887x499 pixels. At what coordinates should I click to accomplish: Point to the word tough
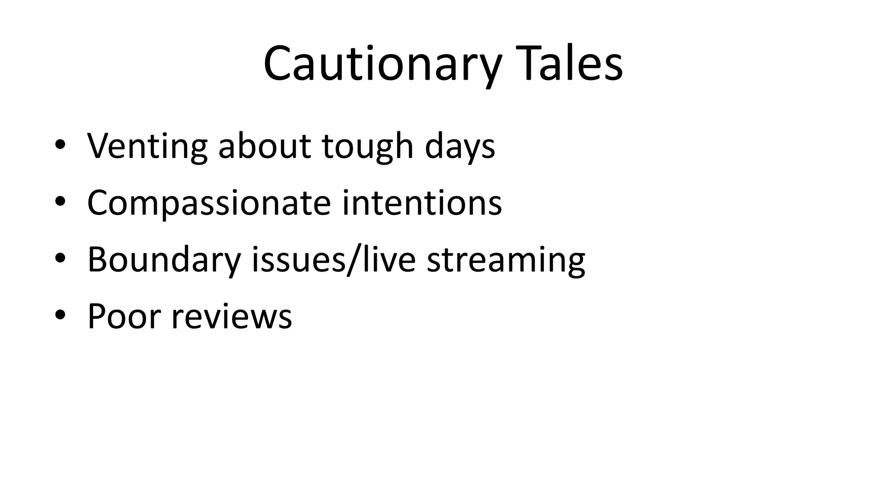(x=368, y=146)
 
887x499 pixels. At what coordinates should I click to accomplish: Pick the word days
(x=460, y=146)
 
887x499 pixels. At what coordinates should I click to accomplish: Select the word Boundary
(x=164, y=259)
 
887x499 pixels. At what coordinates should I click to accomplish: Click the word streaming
(x=506, y=260)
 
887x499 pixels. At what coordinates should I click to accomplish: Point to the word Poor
(x=124, y=316)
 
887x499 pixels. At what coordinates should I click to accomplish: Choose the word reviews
(x=232, y=317)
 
